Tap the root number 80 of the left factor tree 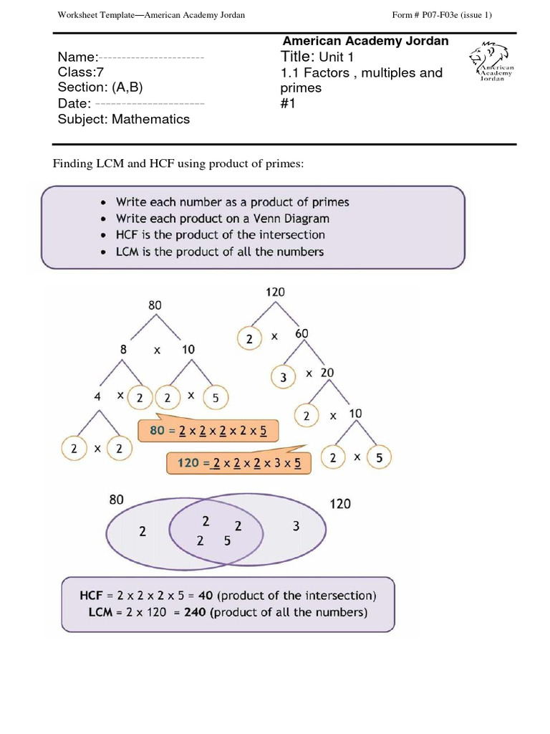tap(155, 305)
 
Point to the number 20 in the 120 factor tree tap(327, 373)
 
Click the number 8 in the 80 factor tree tap(123, 349)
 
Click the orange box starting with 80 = tap(207, 431)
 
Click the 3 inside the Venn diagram tap(296, 527)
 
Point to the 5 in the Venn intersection tap(227, 542)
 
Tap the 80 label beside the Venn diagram tap(117, 500)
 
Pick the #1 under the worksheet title tap(288, 103)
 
